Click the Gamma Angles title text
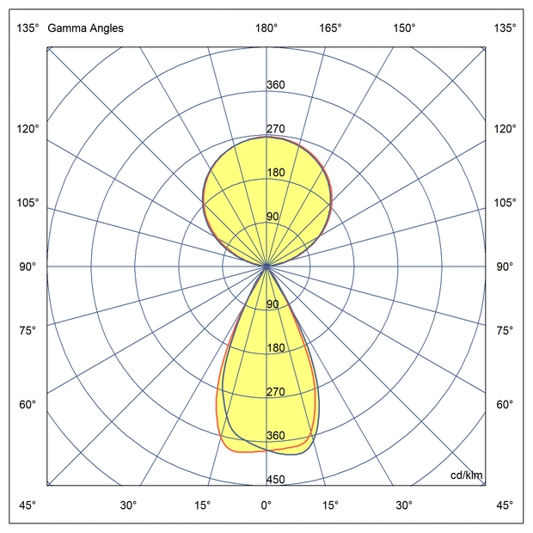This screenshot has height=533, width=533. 85,28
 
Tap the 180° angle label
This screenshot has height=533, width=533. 266,28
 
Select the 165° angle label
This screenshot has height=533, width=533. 331,28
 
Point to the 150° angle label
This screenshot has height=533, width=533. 404,28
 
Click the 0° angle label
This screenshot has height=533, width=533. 266,505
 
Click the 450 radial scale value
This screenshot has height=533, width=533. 276,480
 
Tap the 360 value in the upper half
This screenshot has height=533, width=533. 276,85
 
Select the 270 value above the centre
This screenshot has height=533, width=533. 276,129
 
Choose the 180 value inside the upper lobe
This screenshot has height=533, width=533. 276,173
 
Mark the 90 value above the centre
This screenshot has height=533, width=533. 273,217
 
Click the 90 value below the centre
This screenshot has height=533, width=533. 273,304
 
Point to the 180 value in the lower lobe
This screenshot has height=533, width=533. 276,348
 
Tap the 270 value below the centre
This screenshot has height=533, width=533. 276,392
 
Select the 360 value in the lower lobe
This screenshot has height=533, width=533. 276,436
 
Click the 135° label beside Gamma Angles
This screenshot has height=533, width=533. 28,28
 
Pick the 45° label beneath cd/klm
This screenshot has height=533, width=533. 505,505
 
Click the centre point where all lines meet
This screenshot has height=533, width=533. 266,266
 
